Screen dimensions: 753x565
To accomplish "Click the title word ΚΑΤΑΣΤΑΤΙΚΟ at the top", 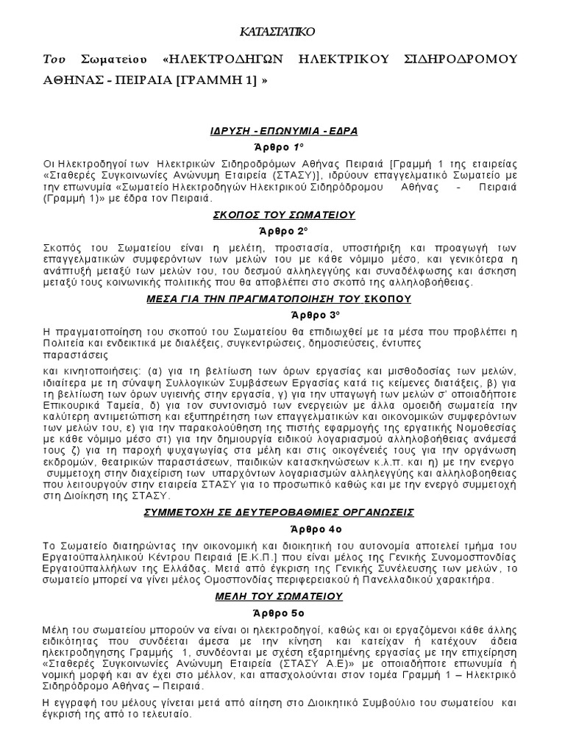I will coord(282,33).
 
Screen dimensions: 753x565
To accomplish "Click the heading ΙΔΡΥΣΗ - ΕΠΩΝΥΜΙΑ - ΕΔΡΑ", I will coord(282,131).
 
